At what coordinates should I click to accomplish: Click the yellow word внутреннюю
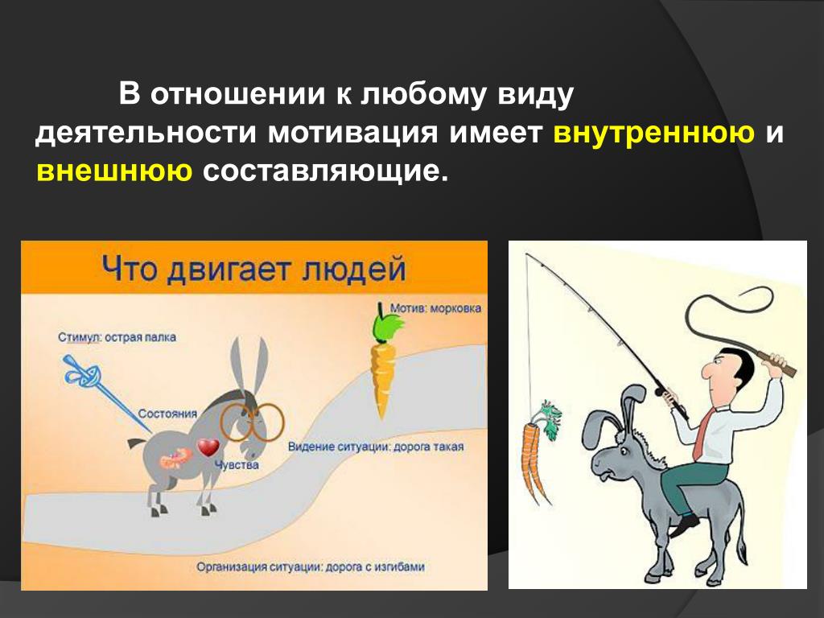pos(653,132)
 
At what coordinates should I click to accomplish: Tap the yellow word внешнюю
pos(114,171)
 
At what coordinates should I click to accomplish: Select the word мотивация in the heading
pos(352,132)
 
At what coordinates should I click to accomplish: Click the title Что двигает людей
pos(253,269)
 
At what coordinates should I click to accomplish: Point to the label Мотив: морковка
pos(435,308)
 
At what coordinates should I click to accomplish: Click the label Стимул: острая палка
pos(117,337)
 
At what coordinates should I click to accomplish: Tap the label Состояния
pos(167,414)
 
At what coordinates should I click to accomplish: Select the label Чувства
pos(237,464)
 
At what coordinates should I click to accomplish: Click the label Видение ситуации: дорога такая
pos(376,447)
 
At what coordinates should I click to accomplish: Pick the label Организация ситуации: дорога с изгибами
pos(310,567)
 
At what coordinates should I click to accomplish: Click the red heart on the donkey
pos(208,447)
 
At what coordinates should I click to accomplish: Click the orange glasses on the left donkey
pos(252,422)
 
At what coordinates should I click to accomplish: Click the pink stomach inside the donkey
pos(176,458)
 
